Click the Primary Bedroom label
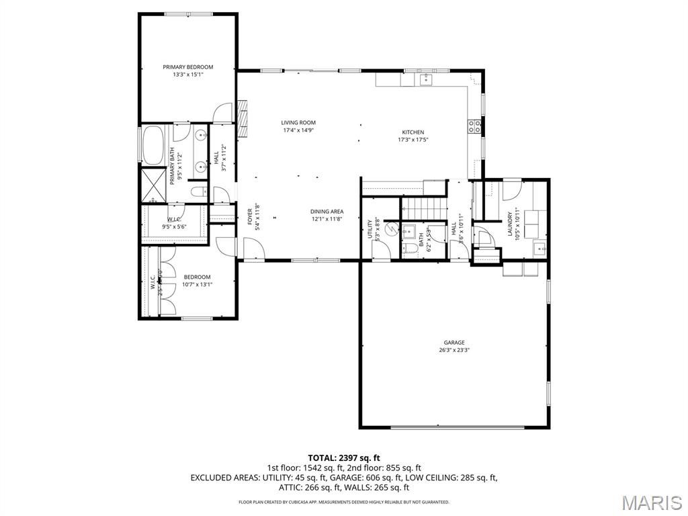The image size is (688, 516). pos(188,67)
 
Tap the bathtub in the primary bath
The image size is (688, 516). pos(152,144)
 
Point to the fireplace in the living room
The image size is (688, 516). pos(243,115)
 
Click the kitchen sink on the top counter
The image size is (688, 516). pos(426,80)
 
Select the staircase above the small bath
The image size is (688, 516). pos(425,209)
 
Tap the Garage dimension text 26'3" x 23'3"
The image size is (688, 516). pos(454,350)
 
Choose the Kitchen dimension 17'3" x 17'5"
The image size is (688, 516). pos(413,140)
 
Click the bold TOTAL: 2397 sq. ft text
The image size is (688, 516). pos(343,458)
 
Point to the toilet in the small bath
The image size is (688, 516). pos(410,250)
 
